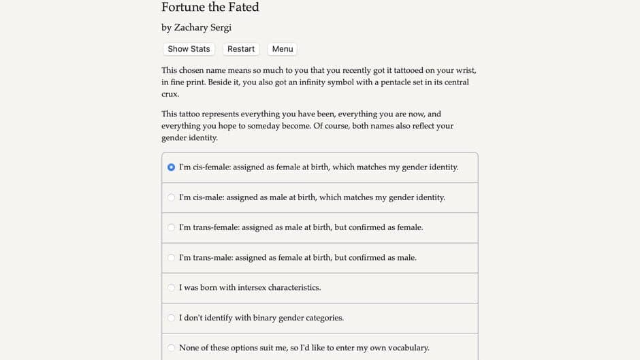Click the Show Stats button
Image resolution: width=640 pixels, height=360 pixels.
coord(189,49)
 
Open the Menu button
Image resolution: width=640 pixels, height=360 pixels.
coord(282,49)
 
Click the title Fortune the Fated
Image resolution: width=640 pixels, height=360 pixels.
coord(210,7)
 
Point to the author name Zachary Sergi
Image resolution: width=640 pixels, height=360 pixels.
coord(203,28)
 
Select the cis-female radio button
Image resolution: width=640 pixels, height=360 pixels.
coord(171,167)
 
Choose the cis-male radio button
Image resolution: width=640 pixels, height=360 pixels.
coord(171,197)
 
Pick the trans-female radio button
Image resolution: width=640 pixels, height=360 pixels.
coord(171,227)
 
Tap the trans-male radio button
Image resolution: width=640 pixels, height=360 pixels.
coord(171,258)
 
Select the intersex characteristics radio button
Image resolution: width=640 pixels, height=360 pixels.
coord(171,288)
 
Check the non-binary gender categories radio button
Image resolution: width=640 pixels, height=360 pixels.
coord(171,318)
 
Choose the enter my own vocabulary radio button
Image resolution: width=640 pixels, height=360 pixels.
coord(171,348)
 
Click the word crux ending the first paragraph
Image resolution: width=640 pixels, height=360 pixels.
coord(170,94)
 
